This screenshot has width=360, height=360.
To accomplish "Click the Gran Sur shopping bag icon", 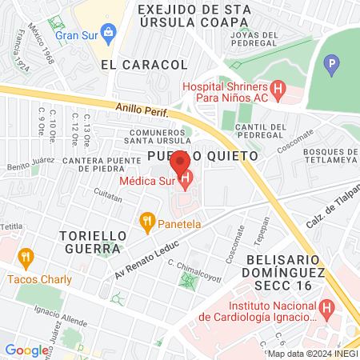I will [111, 35].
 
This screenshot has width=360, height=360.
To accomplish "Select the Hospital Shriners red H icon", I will [278, 90].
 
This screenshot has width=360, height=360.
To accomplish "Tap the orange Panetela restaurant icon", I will [146, 219].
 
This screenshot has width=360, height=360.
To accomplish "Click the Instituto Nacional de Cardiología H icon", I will [326, 306].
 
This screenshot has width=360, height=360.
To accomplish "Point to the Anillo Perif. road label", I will [142, 108].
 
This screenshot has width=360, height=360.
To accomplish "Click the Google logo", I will [26, 350].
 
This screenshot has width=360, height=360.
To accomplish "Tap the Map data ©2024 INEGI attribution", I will [311, 354].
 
